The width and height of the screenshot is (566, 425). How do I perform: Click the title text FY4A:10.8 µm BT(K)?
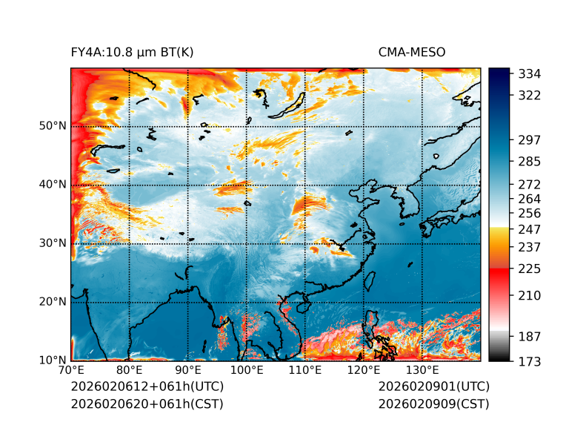pos(132,53)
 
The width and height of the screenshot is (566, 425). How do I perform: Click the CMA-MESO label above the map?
pos(412,53)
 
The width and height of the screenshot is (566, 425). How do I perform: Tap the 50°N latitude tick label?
pos(53,125)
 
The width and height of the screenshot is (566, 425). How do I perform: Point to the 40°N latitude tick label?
pos(53,184)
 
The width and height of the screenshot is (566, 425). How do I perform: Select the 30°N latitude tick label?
pos(53,243)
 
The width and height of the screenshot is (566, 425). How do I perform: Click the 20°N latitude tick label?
pos(53,301)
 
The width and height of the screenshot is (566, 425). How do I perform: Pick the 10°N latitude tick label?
pos(53,360)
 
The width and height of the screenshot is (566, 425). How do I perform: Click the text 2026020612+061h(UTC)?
pos(147,386)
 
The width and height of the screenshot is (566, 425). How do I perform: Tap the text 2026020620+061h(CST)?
pos(147,403)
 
